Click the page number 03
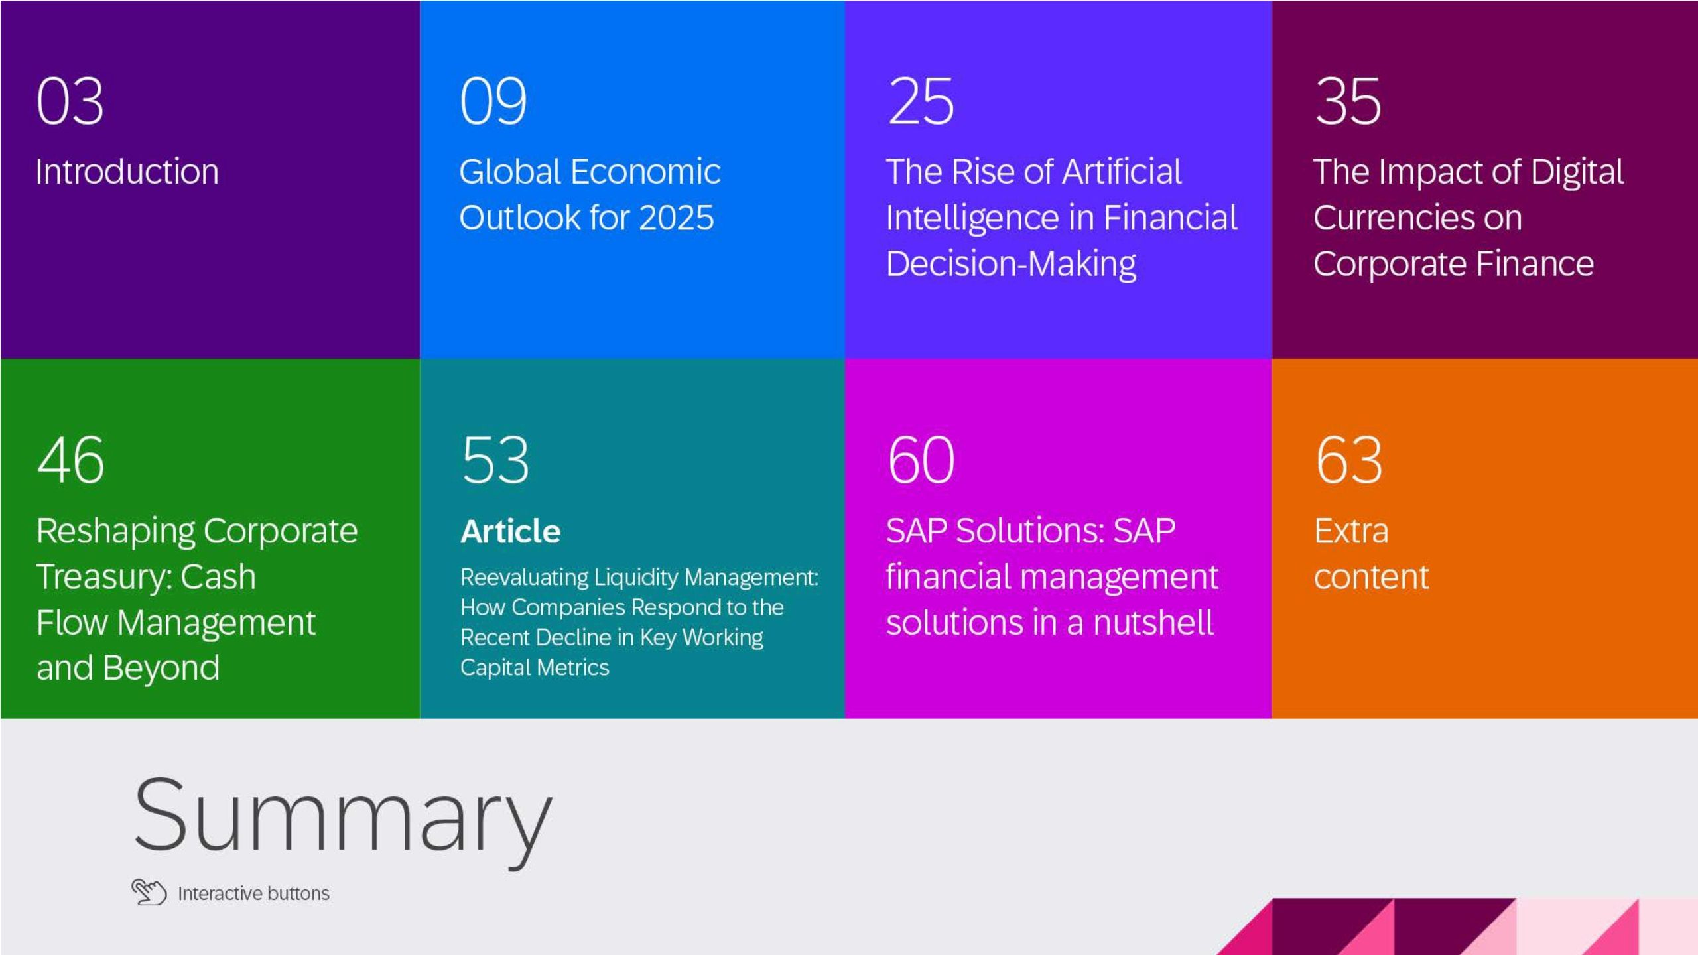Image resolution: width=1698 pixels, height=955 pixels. tap(70, 101)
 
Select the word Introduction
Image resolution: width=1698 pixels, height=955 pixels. tap(127, 172)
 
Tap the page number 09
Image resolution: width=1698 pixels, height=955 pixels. tap(493, 101)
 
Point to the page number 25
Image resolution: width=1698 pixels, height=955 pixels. tap(921, 101)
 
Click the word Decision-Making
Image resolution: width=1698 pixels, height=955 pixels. tap(1011, 264)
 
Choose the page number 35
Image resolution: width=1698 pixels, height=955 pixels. tap(1348, 101)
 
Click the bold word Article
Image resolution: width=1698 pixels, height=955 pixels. tap(510, 531)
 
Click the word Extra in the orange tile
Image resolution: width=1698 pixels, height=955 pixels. tap(1351, 531)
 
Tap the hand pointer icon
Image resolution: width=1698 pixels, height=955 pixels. tap(149, 891)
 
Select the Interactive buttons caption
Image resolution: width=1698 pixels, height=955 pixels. tap(253, 893)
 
